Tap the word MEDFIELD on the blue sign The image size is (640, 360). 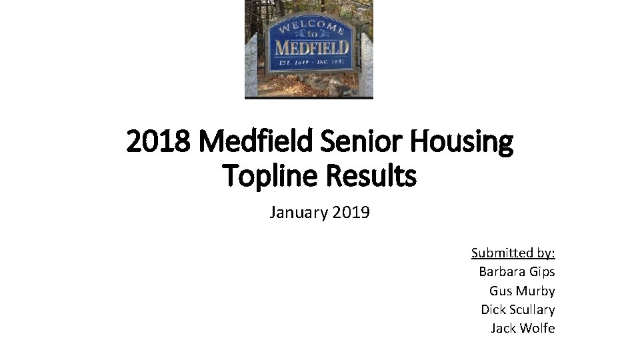coord(311,47)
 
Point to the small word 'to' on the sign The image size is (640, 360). coord(312,34)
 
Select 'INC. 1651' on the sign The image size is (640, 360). coord(331,62)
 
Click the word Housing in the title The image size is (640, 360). coord(467,141)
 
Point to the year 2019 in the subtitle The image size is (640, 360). coord(351,213)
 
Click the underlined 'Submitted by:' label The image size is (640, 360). coord(513,253)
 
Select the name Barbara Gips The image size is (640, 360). coord(517,271)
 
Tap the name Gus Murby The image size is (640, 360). coord(522,291)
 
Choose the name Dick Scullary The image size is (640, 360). coord(517,309)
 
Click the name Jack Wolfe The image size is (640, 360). coord(523,328)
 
